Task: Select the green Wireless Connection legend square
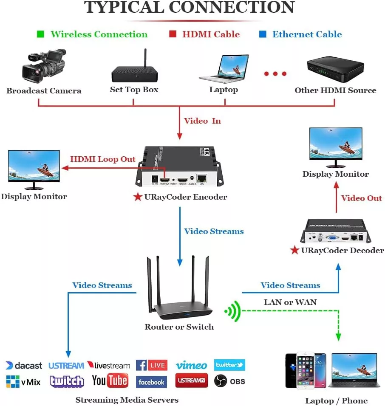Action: (40, 34)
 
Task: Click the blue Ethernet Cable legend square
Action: (263, 34)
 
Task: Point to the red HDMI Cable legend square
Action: (173, 34)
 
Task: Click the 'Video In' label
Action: (202, 121)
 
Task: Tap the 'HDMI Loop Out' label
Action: (103, 160)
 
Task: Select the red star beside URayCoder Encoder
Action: (138, 197)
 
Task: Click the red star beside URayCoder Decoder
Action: (294, 250)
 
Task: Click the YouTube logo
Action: (110, 381)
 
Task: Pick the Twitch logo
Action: (67, 381)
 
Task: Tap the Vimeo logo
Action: (191, 365)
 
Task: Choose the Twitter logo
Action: (229, 365)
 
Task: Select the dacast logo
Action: (24, 366)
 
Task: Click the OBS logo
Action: (229, 381)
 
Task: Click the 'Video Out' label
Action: (362, 198)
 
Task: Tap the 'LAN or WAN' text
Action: (290, 302)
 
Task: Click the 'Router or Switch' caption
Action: (179, 327)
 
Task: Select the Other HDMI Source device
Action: (335, 70)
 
